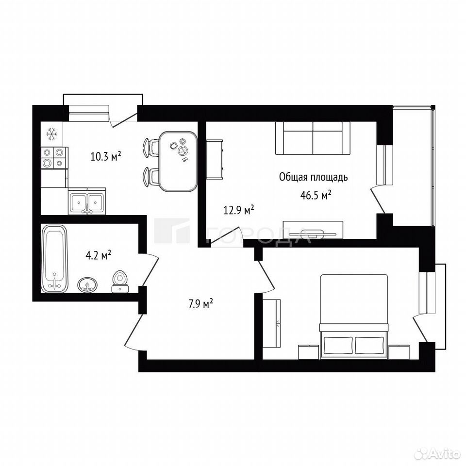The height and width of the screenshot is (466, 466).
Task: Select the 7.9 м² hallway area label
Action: pyautogui.click(x=201, y=304)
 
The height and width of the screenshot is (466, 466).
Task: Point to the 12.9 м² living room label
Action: pyautogui.click(x=239, y=210)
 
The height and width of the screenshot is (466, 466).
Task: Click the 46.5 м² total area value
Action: pyautogui.click(x=316, y=195)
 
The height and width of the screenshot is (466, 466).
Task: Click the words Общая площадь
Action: pyautogui.click(x=313, y=177)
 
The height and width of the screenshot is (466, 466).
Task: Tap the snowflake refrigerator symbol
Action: pyautogui.click(x=52, y=134)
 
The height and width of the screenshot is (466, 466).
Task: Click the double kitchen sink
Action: pyautogui.click(x=87, y=201)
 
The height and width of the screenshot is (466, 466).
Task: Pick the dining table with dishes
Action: pyautogui.click(x=178, y=161)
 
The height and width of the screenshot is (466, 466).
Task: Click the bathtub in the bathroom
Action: pyautogui.click(x=54, y=259)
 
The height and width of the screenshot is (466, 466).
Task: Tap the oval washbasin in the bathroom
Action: pyautogui.click(x=87, y=285)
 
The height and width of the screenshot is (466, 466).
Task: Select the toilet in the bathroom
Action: pyautogui.click(x=120, y=282)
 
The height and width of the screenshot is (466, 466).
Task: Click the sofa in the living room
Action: pyautogui.click(x=313, y=138)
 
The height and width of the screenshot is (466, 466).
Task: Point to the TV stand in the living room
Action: pyautogui.click(x=313, y=230)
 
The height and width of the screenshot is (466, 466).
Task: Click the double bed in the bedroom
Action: pyautogui.click(x=354, y=316)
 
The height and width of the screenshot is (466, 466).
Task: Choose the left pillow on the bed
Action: pyautogui.click(x=338, y=345)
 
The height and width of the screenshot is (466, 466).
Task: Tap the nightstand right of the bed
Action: pyautogui.click(x=399, y=352)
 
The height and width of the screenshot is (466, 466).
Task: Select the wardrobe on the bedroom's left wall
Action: pyautogui.click(x=272, y=323)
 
